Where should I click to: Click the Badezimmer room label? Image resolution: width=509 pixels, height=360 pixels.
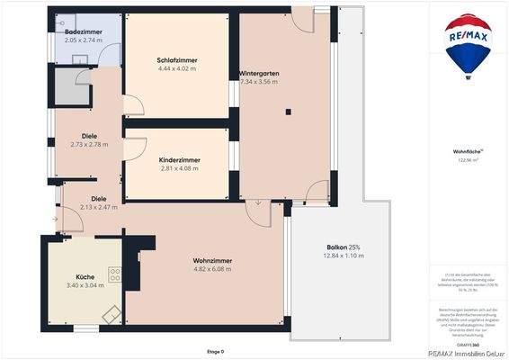(x=83, y=31)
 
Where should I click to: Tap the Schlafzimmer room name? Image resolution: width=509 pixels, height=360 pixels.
(x=177, y=60)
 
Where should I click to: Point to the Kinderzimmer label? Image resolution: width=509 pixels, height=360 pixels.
(x=180, y=159)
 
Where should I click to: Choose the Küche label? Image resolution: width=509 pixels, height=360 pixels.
(x=85, y=277)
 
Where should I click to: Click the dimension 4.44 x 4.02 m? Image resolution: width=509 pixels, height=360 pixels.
(x=177, y=68)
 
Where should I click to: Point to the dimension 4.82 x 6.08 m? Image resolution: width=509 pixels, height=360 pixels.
(x=213, y=267)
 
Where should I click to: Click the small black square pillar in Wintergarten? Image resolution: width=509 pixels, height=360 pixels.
(x=288, y=112)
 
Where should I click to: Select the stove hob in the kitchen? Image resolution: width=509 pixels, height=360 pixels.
(x=115, y=274)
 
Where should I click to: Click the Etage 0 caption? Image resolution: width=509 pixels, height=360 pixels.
(x=217, y=351)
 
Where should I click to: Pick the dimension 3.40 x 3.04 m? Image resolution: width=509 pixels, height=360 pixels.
(x=85, y=285)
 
